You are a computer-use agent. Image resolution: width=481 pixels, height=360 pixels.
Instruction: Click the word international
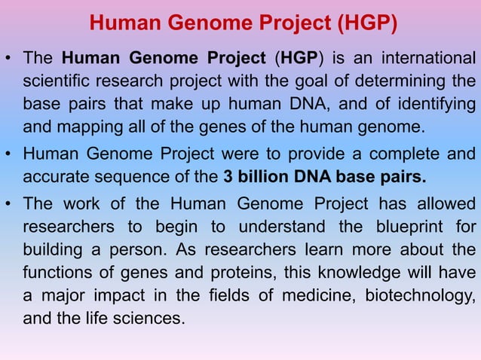pos(428,58)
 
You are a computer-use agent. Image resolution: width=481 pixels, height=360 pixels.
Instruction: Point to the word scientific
pos(55,80)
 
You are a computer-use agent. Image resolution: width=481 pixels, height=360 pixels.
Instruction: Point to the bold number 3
pos(228,178)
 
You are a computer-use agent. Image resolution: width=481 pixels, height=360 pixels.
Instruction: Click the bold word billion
pos(260,178)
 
